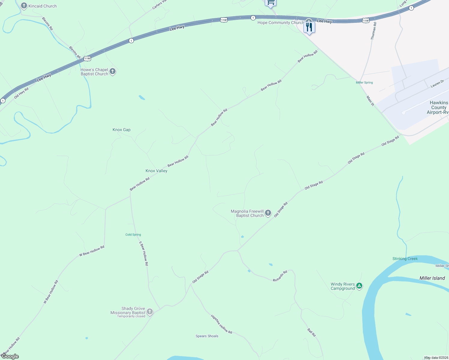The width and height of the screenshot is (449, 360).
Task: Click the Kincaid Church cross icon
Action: point(24,6)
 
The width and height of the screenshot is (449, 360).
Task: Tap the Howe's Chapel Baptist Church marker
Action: point(113,71)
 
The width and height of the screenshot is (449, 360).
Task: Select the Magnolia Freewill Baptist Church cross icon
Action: point(268,213)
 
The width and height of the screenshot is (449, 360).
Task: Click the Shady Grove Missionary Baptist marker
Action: point(149,312)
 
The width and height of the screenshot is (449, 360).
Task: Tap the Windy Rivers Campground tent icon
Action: point(359,286)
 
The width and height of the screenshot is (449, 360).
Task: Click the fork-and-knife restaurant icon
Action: point(309,28)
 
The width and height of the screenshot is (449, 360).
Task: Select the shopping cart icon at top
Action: point(270,3)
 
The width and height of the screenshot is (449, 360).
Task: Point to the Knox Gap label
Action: point(122,130)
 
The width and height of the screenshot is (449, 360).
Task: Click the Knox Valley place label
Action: point(156,171)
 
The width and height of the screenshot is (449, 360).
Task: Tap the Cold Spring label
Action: point(133,235)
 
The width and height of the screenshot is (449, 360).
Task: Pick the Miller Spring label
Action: point(364,82)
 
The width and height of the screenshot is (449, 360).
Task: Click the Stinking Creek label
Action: point(405,259)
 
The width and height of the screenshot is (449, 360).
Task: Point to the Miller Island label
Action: point(432,278)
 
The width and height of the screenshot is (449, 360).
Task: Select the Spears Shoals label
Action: point(207,336)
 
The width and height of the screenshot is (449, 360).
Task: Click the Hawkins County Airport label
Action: point(438,107)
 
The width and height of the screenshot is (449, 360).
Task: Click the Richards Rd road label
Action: point(280,276)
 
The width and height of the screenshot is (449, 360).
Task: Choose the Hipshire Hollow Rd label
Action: point(221,324)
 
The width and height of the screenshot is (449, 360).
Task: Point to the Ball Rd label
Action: point(312,332)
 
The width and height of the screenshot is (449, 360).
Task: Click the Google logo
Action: point(10,356)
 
